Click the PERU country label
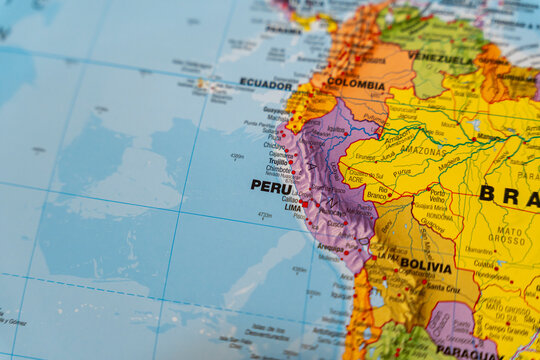click(x=271, y=186)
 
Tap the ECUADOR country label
click(x=265, y=84)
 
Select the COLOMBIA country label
click(x=355, y=83)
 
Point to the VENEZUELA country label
click(x=440, y=57)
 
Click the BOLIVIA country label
click(x=425, y=266)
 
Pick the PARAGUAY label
click(x=469, y=351)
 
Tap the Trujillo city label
click(x=278, y=161)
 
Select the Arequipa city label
click(x=331, y=246)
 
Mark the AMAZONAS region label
click(x=420, y=149)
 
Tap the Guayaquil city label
click(x=275, y=111)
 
